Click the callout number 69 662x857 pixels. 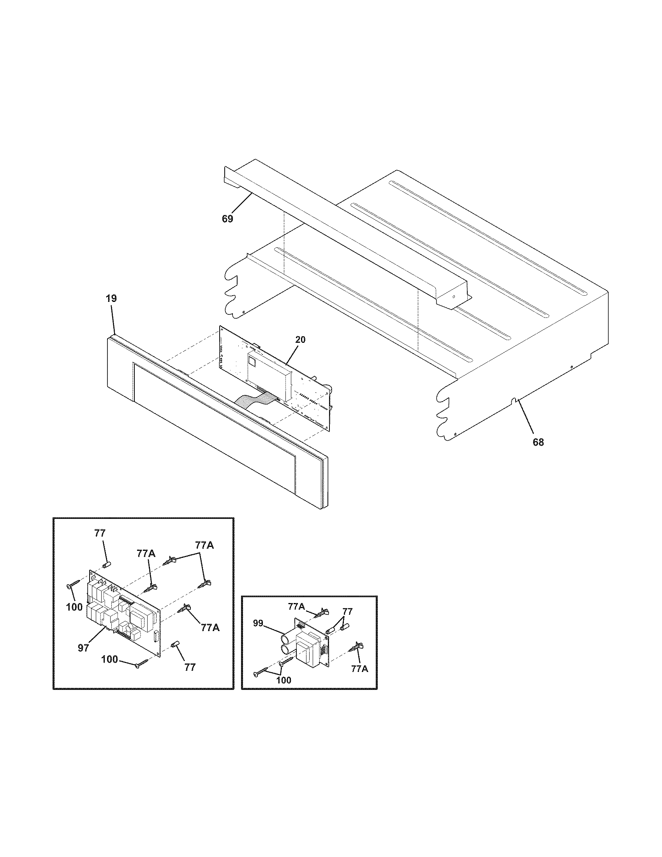227,219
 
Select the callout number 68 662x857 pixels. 538,442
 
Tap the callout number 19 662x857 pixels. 111,298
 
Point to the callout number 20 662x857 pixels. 300,340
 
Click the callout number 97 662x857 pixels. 83,648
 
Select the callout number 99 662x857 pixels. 258,624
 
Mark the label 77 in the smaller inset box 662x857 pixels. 347,611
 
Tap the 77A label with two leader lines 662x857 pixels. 204,545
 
